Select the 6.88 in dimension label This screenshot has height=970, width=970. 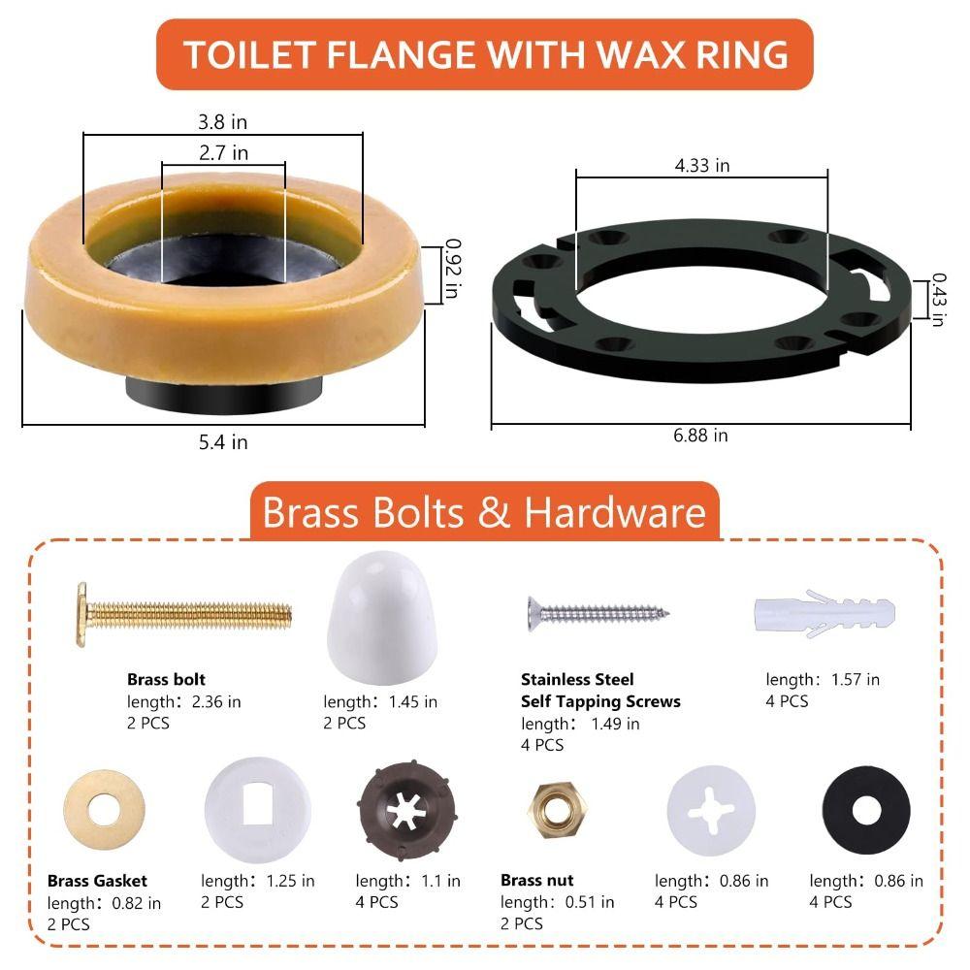(700, 436)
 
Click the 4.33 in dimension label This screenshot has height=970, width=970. (702, 166)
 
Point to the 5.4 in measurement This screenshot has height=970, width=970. (222, 442)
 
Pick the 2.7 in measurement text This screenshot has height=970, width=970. (223, 153)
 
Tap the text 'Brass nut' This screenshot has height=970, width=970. (536, 881)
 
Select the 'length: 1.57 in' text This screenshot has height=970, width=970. (823, 680)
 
